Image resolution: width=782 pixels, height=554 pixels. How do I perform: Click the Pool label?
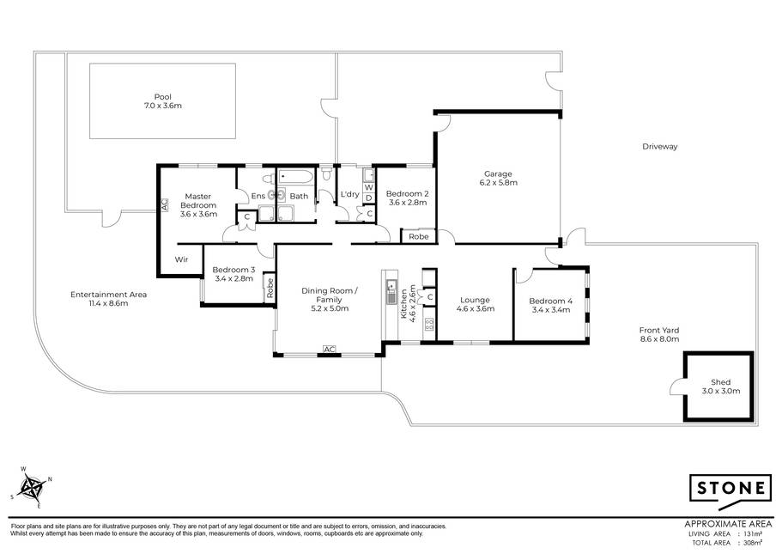click(162, 97)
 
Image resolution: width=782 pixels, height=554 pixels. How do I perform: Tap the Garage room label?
click(498, 174)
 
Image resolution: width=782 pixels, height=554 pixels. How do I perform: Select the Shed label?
click(721, 382)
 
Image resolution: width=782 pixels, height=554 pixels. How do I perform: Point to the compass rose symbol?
click(33, 488)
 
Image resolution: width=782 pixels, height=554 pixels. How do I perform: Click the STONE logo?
click(730, 490)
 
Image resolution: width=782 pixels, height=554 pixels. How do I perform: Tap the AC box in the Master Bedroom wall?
click(165, 204)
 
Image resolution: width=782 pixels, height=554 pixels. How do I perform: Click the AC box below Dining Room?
click(329, 350)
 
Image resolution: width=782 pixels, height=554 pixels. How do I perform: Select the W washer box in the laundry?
click(368, 187)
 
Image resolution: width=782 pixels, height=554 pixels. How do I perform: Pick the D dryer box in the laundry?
click(368, 198)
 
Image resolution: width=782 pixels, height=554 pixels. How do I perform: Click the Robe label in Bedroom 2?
click(419, 236)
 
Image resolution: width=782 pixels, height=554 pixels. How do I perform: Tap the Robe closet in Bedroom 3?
click(270, 288)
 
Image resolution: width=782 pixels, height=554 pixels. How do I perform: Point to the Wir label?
click(181, 259)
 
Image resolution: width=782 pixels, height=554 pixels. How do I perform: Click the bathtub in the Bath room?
click(296, 177)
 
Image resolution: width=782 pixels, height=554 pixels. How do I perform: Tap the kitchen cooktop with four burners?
click(429, 325)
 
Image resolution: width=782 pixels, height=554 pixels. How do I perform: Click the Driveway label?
click(660, 146)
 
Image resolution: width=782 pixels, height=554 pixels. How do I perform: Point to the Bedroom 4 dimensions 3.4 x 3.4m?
click(550, 309)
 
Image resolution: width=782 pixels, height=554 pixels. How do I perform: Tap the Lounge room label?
click(475, 300)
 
